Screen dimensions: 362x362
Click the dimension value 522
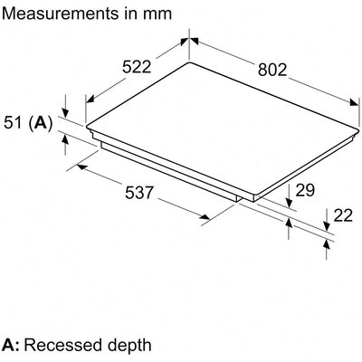coord(137,67)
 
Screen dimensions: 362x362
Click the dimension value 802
coord(272,70)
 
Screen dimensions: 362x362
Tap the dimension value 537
coord(139,193)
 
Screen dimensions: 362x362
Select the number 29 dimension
coord(305,190)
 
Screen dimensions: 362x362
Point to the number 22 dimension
coord(343,215)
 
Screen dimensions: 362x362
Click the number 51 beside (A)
coord(14,123)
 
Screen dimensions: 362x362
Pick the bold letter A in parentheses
coord(41,123)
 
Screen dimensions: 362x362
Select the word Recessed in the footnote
coord(62,345)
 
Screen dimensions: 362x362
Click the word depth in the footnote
coord(128,347)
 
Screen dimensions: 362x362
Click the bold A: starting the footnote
coord(11,345)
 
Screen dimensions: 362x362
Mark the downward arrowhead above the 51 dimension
coord(65,112)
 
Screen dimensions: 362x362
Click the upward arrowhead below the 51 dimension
coord(65,140)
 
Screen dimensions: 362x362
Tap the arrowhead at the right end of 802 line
coord(353,101)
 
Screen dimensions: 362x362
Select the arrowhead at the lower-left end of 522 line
coord(90,99)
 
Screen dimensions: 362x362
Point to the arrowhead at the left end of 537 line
coord(82,167)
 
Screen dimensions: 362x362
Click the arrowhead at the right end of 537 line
coord(205,217)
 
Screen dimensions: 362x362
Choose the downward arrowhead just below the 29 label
coord(289,203)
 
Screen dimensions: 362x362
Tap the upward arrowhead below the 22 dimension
coord(327,245)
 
